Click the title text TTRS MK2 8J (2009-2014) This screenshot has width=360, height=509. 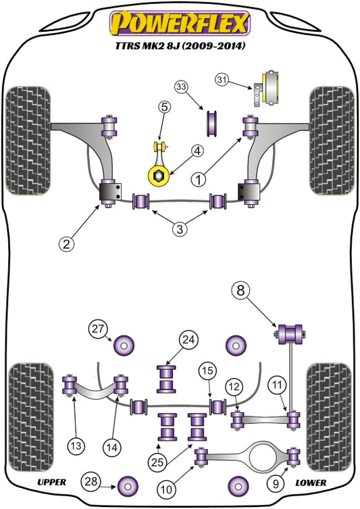point(180,47)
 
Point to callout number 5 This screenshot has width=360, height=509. point(165,107)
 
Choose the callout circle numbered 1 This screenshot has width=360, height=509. point(198,180)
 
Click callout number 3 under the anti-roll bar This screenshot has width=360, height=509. point(180,230)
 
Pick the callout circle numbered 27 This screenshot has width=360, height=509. point(98,329)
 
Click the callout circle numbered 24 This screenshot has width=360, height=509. point(187,340)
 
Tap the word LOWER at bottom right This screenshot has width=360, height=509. point(311,483)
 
